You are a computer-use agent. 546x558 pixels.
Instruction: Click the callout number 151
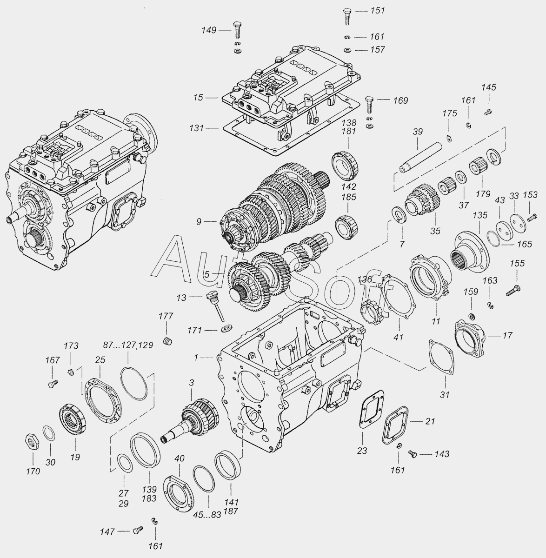pos(377,11)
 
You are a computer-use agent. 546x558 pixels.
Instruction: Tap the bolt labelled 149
pos(237,30)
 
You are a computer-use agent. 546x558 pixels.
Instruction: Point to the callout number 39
pos(418,132)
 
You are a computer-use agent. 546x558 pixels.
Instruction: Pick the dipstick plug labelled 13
pos(215,306)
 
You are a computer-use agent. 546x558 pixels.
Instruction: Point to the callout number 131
pos(196,128)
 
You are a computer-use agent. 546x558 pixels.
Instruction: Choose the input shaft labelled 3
pos(190,420)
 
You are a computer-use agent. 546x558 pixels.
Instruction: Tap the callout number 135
pos(480,215)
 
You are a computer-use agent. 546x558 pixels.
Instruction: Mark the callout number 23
pos(362,451)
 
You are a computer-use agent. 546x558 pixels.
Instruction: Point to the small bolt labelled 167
pos(53,383)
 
